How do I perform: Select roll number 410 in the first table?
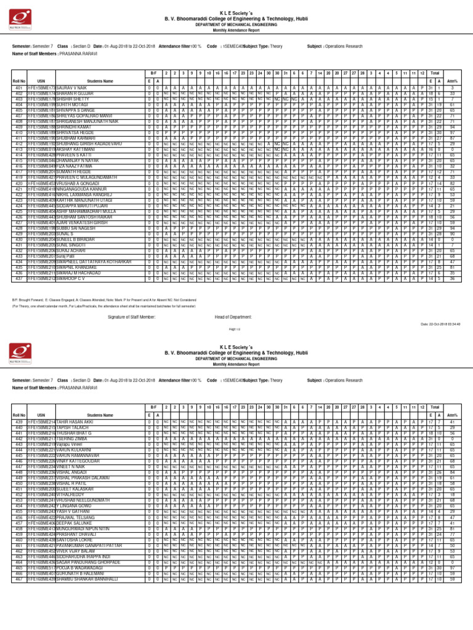pos(19,132)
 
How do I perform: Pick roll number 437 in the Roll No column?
pos(19,278)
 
